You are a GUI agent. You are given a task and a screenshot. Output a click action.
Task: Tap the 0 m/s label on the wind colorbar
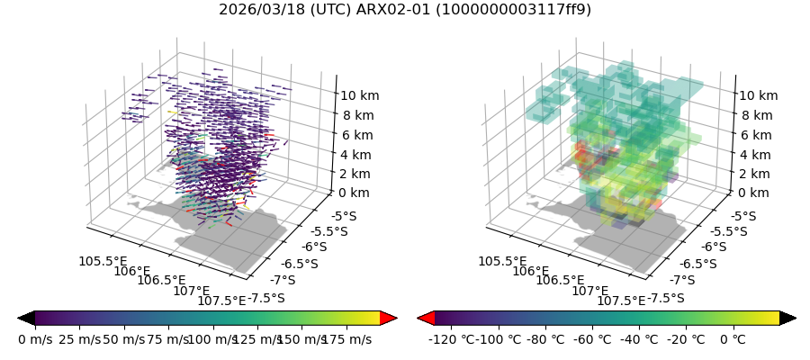click(x=35, y=339)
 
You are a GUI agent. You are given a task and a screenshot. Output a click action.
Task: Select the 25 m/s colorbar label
click(x=79, y=339)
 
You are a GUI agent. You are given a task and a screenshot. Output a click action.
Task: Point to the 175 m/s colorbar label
click(x=346, y=339)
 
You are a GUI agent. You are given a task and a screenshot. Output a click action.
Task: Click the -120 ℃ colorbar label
click(x=453, y=339)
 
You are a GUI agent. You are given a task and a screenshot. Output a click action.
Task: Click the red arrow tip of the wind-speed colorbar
click(x=389, y=318)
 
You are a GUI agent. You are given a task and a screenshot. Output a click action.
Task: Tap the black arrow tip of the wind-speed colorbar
click(x=26, y=318)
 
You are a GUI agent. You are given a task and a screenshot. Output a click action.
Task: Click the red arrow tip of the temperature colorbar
click(x=426, y=318)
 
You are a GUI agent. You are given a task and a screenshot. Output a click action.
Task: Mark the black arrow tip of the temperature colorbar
click(x=788, y=318)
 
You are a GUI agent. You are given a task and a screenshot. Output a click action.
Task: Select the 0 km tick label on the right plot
click(x=754, y=193)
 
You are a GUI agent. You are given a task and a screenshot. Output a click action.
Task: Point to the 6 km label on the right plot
click(x=754, y=135)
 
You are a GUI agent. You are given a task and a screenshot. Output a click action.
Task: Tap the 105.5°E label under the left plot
click(x=102, y=261)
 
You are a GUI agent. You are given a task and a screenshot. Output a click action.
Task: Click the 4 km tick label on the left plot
click(x=355, y=155)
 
